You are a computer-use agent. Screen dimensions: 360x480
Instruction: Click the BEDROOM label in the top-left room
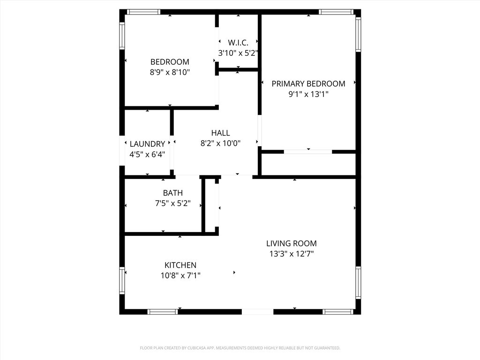tap(170, 62)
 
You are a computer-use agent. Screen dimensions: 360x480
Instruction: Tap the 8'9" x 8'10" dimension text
tap(170, 72)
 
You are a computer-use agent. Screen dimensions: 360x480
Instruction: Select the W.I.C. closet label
tap(238, 43)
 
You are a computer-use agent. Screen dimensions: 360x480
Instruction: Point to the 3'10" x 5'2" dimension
tap(238, 53)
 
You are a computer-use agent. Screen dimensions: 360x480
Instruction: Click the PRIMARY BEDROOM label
tap(308, 83)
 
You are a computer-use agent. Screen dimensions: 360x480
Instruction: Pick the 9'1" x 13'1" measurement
tap(308, 94)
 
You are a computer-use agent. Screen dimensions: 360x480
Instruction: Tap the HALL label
tap(220, 133)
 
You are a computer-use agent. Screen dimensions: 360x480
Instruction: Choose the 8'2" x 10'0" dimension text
tap(220, 143)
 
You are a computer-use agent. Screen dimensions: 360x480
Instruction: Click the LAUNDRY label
tap(147, 144)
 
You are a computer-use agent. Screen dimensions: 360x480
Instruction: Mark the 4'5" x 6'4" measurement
tap(147, 154)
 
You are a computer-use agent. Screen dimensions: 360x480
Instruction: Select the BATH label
tap(173, 193)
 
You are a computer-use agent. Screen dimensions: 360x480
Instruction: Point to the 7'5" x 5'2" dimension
tap(173, 203)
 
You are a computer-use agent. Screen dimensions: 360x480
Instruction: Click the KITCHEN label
tap(180, 265)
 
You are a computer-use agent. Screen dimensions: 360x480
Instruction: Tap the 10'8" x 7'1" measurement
tap(180, 276)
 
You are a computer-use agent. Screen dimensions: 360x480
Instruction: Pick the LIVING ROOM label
tap(292, 244)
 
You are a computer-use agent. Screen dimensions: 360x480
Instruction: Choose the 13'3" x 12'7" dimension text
tap(292, 254)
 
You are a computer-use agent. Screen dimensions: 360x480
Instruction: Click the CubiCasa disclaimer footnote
tap(240, 348)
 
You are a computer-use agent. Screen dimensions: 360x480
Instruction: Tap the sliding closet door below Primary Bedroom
tap(308, 151)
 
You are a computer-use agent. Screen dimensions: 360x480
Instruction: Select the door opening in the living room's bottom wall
tap(257, 312)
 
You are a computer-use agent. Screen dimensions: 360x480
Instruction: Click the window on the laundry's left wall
tap(122, 150)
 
